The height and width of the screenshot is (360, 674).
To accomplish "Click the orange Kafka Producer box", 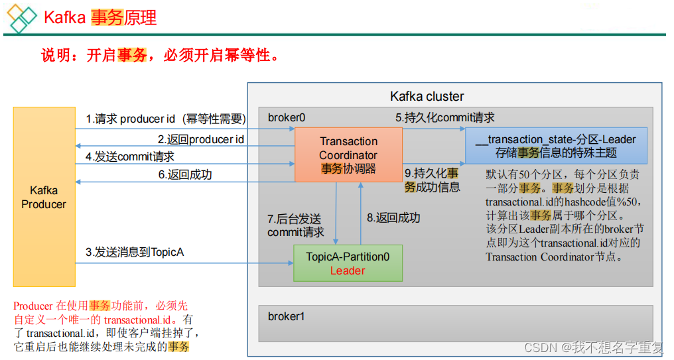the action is pos(44,197).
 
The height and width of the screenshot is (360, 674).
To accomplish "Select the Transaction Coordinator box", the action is pos(348,154).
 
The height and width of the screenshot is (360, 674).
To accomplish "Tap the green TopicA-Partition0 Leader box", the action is pos(348,263).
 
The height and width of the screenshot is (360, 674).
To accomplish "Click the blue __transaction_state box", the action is pos(555,146).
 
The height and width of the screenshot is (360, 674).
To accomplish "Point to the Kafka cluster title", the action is pos(427,96).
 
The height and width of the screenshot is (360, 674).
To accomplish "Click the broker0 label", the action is pos(287,117).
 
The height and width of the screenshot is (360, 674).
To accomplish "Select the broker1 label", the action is pos(286,316).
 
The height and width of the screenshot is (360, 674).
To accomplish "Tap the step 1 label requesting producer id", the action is pos(166,119).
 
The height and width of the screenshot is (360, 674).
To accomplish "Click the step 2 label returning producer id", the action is pos(200,139).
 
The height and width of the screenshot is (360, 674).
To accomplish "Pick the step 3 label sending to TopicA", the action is pos(135,252).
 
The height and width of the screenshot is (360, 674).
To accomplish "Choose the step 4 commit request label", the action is pos(130,157).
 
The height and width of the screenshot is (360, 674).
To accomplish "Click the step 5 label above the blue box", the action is pos(445,117).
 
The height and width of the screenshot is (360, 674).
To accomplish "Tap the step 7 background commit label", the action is pos(296,225).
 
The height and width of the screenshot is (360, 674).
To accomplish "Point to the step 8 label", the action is pos(393,217).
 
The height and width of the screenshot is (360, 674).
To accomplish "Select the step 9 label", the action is pos(432,180).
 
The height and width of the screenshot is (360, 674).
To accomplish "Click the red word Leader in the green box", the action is pos(348,270).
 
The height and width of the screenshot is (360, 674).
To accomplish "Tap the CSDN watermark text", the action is pos(593,347).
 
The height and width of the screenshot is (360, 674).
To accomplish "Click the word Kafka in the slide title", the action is pos(64,17).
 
